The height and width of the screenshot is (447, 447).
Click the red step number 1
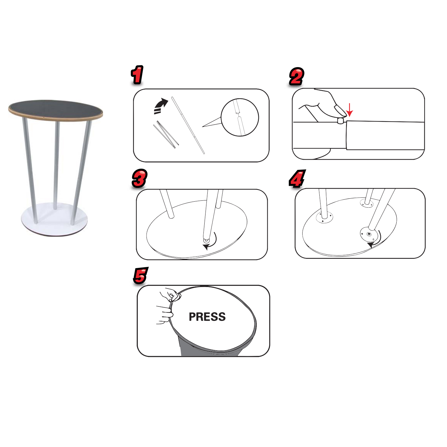tap(137, 75)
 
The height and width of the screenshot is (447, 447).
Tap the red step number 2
tap(296, 76)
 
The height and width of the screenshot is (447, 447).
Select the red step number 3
tap(140, 179)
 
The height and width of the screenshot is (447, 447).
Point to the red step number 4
tap(297, 179)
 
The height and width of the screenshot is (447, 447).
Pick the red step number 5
tap(141, 276)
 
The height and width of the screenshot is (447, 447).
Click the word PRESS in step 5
tap(207, 317)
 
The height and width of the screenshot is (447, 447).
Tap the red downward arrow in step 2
tap(349, 110)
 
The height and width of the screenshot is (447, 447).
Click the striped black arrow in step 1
tap(160, 106)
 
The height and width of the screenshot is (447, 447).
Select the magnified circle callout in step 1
tap(240, 117)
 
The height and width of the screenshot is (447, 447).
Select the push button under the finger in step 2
tap(340, 120)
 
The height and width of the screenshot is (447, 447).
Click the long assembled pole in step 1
tap(188, 125)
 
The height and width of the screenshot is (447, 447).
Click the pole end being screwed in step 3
tap(206, 240)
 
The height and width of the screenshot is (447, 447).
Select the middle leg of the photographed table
tap(56, 165)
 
